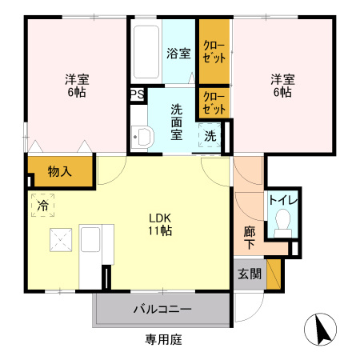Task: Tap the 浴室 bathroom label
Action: tap(178, 54)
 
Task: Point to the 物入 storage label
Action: tap(60, 171)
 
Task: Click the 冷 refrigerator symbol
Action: tap(42, 205)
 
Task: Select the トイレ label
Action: tap(282, 199)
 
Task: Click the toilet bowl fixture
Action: tap(282, 222)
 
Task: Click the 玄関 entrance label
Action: tap(249, 274)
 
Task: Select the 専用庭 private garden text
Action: tap(163, 340)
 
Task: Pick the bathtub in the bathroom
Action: tap(146, 53)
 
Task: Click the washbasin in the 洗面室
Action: tap(142, 137)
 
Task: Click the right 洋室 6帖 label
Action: tap(281, 86)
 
